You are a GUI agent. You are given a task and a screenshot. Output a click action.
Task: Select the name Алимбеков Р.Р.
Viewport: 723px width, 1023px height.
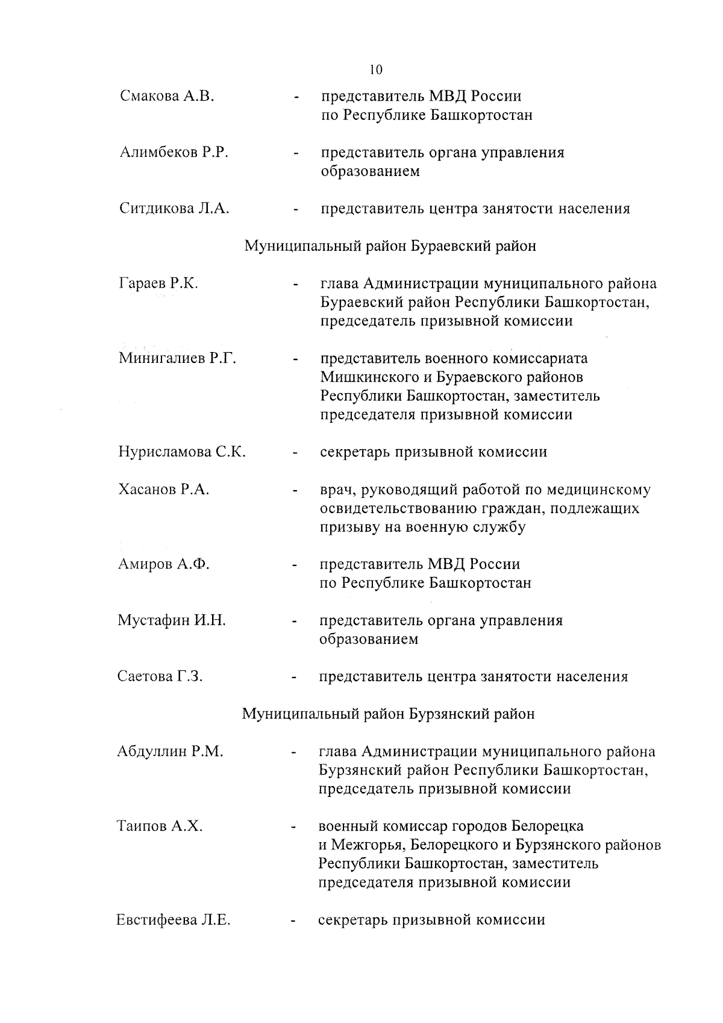point(174,153)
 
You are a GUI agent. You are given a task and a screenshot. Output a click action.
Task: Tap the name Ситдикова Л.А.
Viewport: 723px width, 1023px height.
point(174,209)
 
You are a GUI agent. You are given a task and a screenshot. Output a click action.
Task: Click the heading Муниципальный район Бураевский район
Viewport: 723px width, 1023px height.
point(390,246)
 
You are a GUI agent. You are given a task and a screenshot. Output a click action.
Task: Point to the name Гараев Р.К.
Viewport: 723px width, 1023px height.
point(158,283)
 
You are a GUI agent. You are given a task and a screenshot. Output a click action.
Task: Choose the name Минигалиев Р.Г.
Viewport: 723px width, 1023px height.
point(177,359)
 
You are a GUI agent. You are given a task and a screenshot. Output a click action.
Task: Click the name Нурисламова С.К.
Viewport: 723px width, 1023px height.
point(181,452)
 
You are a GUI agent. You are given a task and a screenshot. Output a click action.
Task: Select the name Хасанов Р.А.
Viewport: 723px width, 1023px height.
point(163,489)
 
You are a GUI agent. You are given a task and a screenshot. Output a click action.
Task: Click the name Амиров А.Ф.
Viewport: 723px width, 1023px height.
point(163,564)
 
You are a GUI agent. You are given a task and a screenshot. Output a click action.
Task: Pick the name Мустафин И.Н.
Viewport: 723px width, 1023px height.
point(172,620)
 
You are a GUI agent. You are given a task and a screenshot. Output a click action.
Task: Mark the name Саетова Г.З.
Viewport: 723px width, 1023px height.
point(160,676)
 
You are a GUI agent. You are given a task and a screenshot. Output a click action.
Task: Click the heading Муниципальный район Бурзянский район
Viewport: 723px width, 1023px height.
point(388,714)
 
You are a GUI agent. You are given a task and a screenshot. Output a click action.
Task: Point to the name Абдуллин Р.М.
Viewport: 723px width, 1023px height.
point(171,752)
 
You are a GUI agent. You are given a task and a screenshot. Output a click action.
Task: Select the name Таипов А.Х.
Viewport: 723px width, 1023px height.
point(160,826)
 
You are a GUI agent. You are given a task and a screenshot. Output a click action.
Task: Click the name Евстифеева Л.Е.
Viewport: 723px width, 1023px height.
point(174,920)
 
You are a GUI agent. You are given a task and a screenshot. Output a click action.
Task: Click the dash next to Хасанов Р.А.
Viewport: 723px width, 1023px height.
point(295,491)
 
